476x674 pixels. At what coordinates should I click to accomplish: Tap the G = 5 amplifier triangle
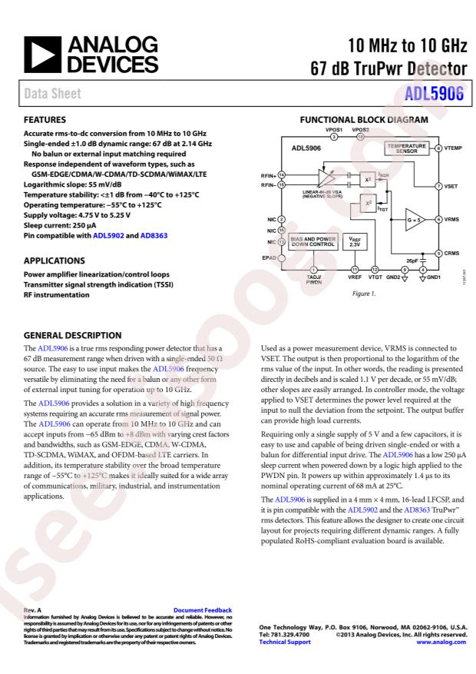418,219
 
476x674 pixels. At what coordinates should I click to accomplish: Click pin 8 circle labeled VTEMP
438,148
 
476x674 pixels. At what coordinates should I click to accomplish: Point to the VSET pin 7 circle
438,186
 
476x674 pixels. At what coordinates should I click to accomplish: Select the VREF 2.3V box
354,242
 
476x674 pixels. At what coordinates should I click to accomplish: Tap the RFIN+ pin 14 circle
282,174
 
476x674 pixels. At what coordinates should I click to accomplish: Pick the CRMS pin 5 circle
438,252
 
